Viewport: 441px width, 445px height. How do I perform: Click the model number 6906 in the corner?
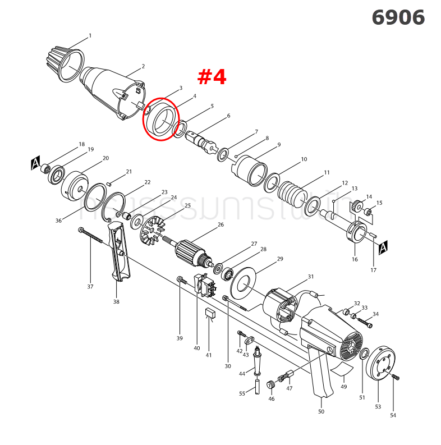coord(398,18)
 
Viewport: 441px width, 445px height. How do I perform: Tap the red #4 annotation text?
coord(212,77)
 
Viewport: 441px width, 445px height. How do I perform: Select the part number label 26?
coord(220,224)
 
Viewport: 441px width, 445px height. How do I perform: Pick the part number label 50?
coord(321,411)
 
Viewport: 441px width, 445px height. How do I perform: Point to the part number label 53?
coord(378,406)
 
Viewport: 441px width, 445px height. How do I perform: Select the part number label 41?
coord(208,355)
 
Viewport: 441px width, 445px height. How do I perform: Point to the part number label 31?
coord(310,277)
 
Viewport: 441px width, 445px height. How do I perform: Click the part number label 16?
coord(354,259)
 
